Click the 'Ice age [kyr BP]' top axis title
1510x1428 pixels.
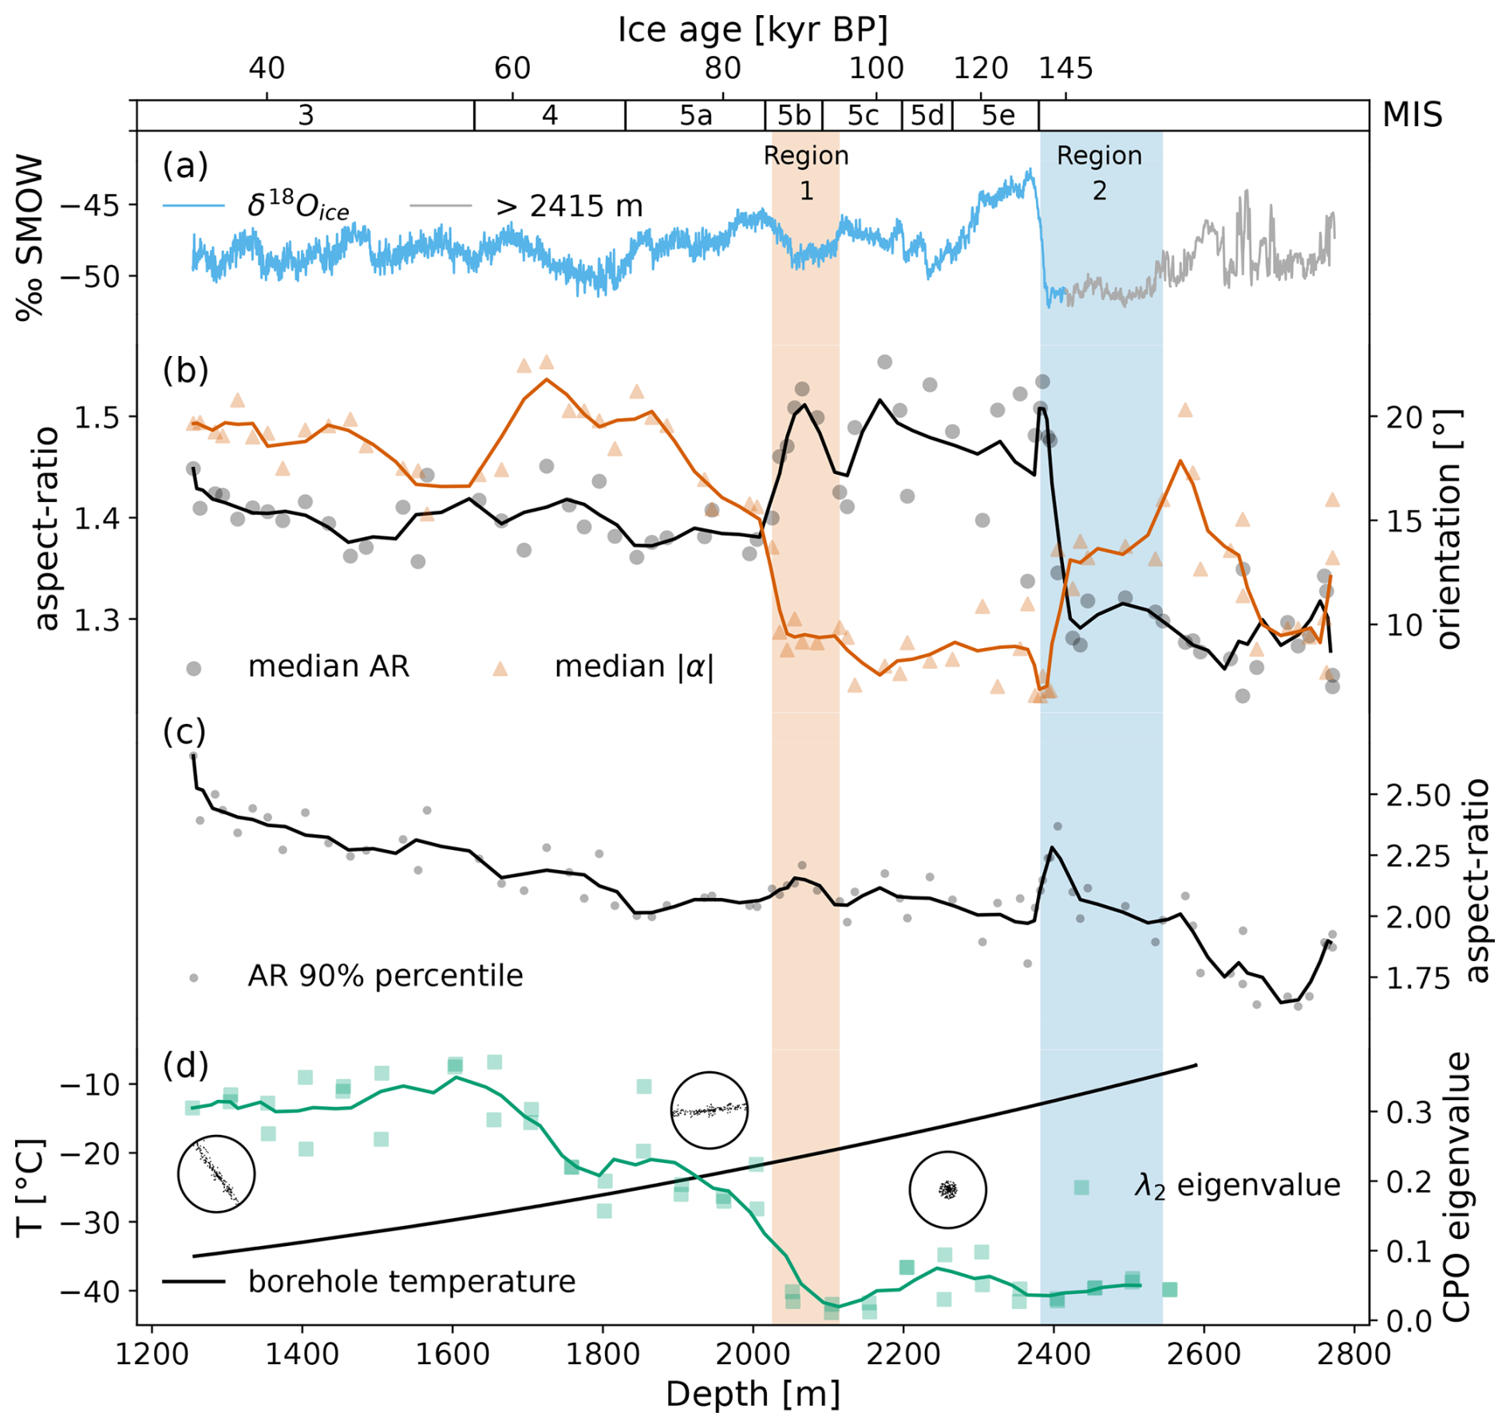click(753, 30)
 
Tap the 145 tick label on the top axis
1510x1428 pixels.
click(1065, 69)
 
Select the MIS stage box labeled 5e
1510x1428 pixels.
click(998, 116)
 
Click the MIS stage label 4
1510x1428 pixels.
click(549, 116)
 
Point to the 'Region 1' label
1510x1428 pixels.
click(806, 172)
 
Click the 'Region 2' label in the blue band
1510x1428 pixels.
click(1099, 172)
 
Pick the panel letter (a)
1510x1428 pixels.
click(185, 165)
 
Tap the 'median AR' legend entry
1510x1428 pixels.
click(328, 667)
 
